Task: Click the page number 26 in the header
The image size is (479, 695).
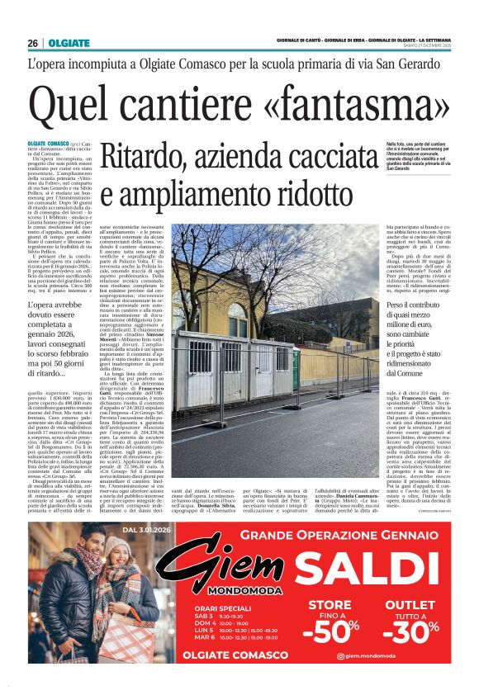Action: coord(32,43)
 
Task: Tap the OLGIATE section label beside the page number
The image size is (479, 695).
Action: coord(64,43)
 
